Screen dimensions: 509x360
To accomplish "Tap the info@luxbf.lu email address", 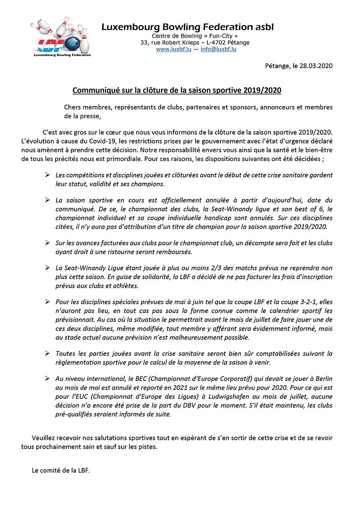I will pyautogui.click(x=218, y=49).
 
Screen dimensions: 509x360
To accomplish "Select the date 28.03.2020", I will pyautogui.click(x=317, y=66).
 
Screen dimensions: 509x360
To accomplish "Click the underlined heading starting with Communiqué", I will pyautogui.click(x=177, y=89).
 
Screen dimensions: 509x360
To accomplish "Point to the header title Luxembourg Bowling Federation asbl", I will pyautogui.click(x=187, y=27).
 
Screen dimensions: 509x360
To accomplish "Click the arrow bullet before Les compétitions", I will pyautogui.click(x=47, y=175).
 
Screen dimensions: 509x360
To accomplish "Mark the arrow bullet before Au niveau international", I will pyautogui.click(x=47, y=378).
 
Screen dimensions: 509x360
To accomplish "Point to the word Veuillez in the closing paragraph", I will pyautogui.click(x=44, y=438).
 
